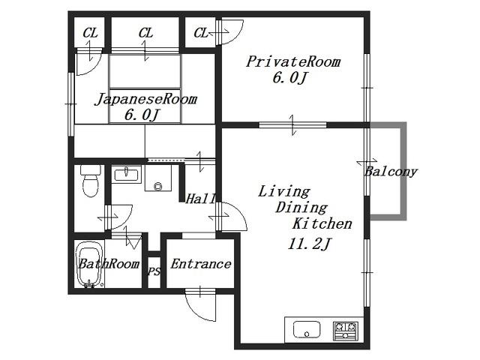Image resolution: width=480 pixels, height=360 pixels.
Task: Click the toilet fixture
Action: (90, 181)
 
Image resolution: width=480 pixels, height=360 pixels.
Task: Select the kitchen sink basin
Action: (307, 329)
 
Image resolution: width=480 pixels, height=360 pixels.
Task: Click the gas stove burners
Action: (346, 331)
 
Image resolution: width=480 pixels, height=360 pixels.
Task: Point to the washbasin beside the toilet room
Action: (126, 175)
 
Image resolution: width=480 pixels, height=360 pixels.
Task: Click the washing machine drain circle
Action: (158, 185)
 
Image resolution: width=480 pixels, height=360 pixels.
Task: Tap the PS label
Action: (154, 271)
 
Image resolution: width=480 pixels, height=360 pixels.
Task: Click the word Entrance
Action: (201, 264)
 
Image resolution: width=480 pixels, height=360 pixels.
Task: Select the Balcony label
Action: (391, 172)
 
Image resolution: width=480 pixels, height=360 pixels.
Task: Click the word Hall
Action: (201, 199)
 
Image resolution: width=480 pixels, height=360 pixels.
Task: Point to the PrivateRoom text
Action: (293, 61)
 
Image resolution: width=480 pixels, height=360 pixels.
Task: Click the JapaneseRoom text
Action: (145, 99)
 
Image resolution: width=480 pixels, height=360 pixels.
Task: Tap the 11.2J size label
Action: (309, 244)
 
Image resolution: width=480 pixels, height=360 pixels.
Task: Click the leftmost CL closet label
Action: (90, 33)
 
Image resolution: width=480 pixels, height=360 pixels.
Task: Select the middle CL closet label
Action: (145, 33)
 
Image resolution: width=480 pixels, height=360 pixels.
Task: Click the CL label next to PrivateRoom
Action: (201, 33)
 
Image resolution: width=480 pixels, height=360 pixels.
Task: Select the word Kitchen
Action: (322, 223)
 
